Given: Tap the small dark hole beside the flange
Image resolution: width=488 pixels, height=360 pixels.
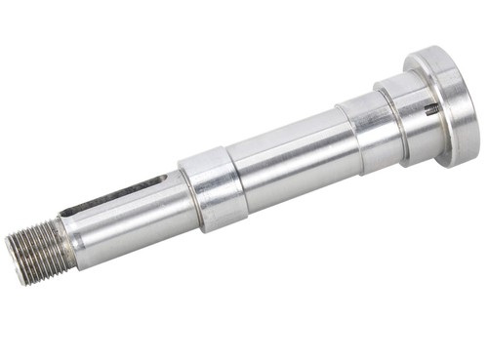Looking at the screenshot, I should pyautogui.click(x=430, y=109).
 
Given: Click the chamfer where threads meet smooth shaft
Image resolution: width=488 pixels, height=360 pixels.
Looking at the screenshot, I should pyautogui.click(x=67, y=243).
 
